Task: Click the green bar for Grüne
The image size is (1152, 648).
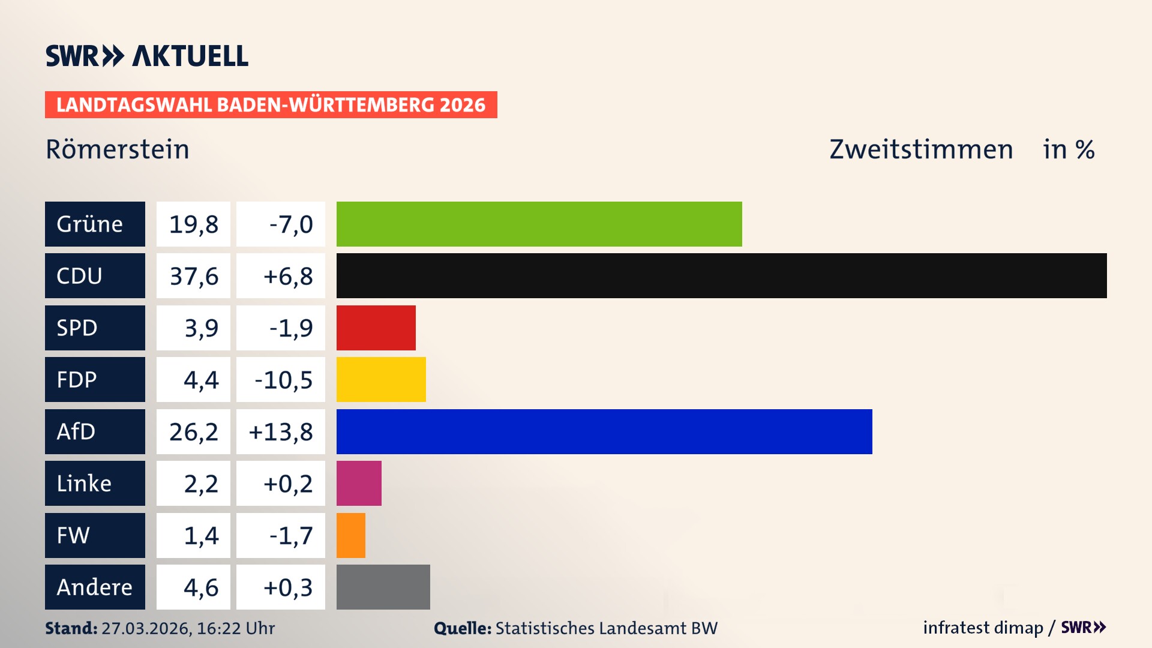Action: [539, 224]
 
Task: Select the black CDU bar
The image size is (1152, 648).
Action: [721, 275]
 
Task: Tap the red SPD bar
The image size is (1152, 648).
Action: [376, 328]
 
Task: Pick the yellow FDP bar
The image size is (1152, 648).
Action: [381, 379]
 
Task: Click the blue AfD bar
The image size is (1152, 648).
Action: [604, 431]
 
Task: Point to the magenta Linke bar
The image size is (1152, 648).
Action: [359, 483]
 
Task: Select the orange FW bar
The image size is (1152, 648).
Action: [351, 535]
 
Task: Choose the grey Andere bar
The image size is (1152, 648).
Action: [383, 587]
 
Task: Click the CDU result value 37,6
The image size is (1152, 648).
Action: [193, 276]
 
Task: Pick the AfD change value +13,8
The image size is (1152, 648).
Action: [281, 431]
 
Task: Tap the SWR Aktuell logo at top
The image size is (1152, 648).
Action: [147, 56]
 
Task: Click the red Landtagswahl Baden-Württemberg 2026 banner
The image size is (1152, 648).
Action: [271, 104]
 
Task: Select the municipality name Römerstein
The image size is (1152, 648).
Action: [118, 149]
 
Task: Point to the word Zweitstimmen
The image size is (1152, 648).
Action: [921, 149]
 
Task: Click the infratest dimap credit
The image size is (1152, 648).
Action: [983, 628]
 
